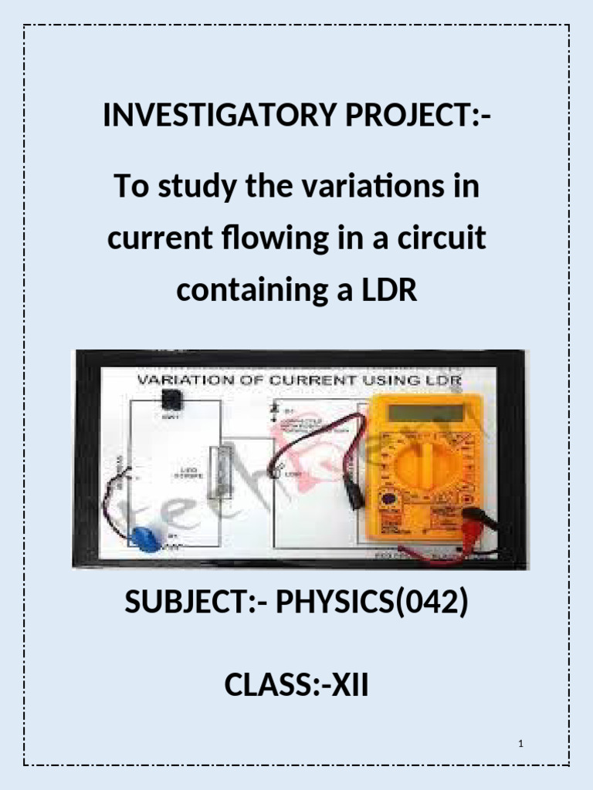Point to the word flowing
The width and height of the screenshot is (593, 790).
click(276, 239)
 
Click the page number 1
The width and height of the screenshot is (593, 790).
click(522, 744)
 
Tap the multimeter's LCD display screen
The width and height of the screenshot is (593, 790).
click(425, 412)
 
